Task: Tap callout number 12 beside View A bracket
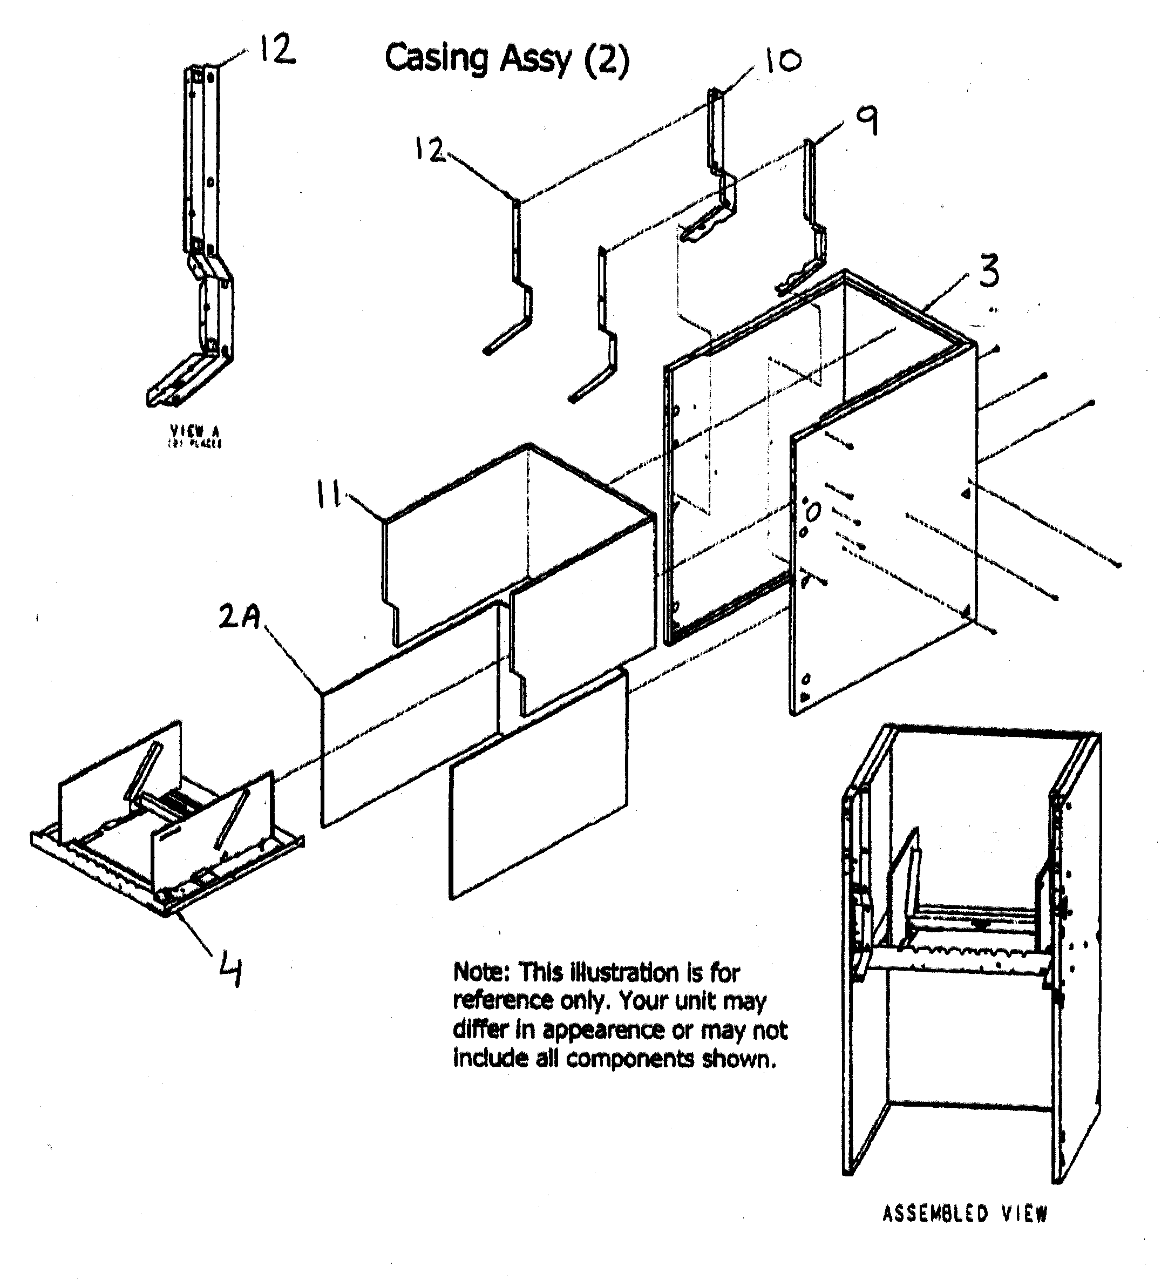pos(277,50)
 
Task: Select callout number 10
pos(782,61)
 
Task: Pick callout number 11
pos(329,495)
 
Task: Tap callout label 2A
pos(239,617)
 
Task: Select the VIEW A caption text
pos(194,432)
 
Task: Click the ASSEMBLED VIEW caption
pos(965,1214)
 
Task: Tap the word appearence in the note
pos(602,1030)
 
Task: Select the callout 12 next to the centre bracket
pos(429,150)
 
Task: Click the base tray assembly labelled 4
pos(165,825)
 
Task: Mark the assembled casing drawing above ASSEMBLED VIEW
pos(971,952)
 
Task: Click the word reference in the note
pos(502,1001)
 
